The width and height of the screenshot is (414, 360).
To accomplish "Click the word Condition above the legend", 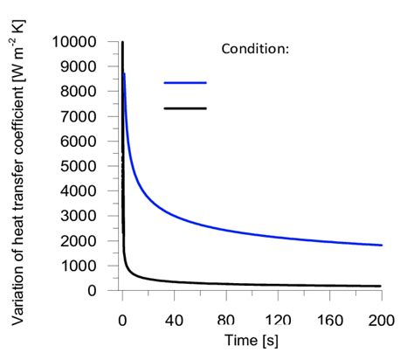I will click(252, 49).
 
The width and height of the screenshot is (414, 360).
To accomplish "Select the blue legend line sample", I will click(185, 83).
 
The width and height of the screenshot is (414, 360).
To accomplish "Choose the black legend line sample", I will click(185, 108).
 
